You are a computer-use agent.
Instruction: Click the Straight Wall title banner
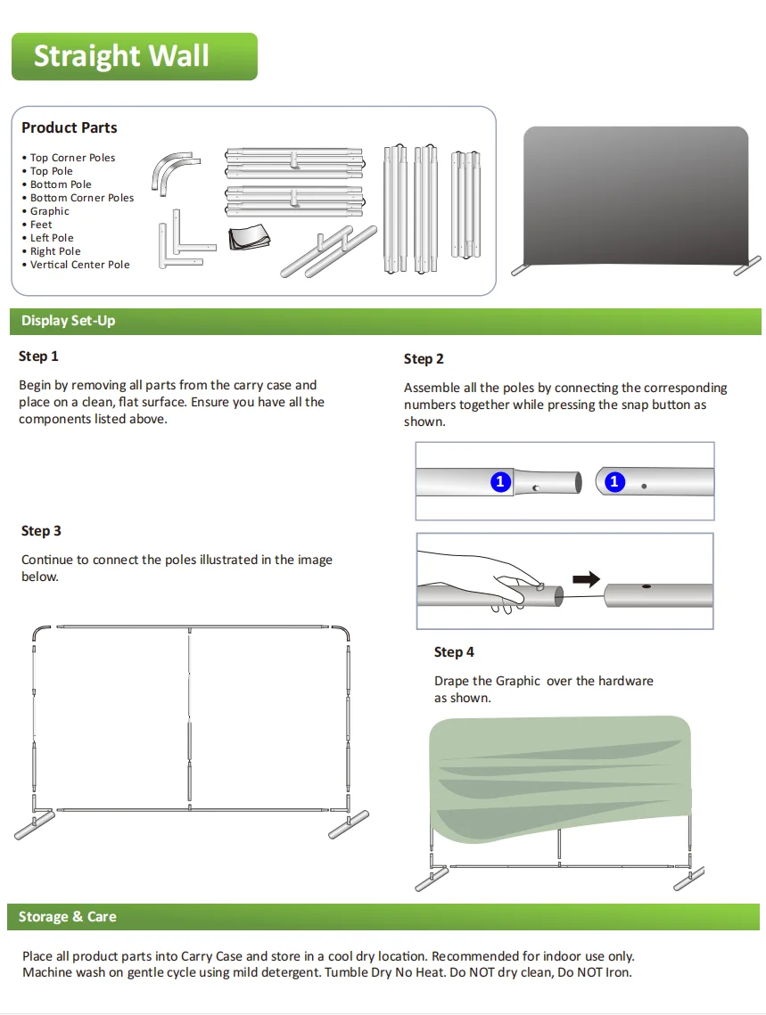pos(134,57)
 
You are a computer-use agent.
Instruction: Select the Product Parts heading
pos(70,128)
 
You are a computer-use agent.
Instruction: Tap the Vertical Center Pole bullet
pos(80,265)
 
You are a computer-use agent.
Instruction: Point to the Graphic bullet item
pos(50,211)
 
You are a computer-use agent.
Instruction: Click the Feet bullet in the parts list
pos(41,225)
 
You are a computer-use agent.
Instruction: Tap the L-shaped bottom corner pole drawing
pos(184,243)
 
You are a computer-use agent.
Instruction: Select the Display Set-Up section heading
pos(69,321)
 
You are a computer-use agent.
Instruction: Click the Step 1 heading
pos(38,356)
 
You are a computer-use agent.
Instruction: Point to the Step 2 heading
pos(424,359)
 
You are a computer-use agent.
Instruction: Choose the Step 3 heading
pos(41,531)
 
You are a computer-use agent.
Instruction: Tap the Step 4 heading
pos(454,652)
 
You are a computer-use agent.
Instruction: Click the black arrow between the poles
pos(585,579)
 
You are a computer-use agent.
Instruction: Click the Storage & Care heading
pos(68,917)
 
